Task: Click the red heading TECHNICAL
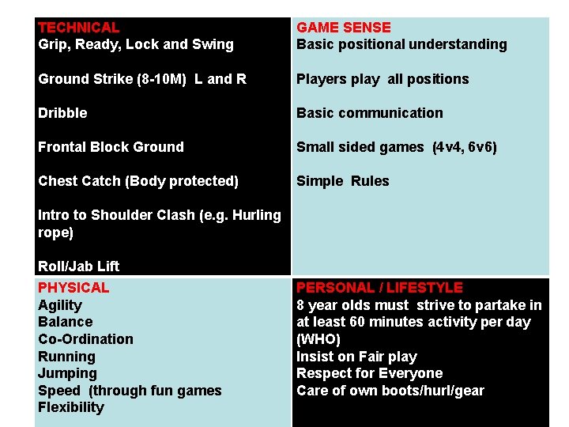[x=78, y=28]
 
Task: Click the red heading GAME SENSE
[x=343, y=28]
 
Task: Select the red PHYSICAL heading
[x=73, y=288]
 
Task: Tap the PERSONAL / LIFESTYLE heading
[x=379, y=288]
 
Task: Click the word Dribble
[x=62, y=113]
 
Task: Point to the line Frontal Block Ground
[x=111, y=147]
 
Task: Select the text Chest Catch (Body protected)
[x=138, y=181]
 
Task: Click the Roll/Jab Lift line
[x=78, y=266]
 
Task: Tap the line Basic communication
[x=369, y=113]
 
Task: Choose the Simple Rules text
[x=342, y=181]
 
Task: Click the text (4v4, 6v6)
[x=465, y=147]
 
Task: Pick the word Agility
[x=60, y=305]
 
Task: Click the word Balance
[x=65, y=322]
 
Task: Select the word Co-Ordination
[x=85, y=339]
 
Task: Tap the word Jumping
[x=67, y=373]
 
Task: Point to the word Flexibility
[x=70, y=407]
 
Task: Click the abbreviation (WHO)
[x=318, y=339]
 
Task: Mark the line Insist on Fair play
[x=356, y=357]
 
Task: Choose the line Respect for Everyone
[x=369, y=373]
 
